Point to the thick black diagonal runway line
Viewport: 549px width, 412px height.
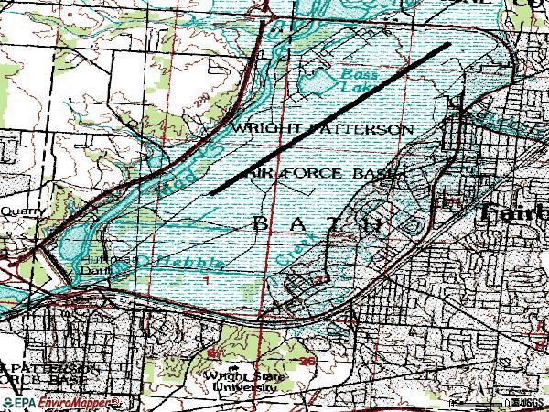(x=330, y=119)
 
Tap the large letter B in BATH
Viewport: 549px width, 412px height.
(x=259, y=222)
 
